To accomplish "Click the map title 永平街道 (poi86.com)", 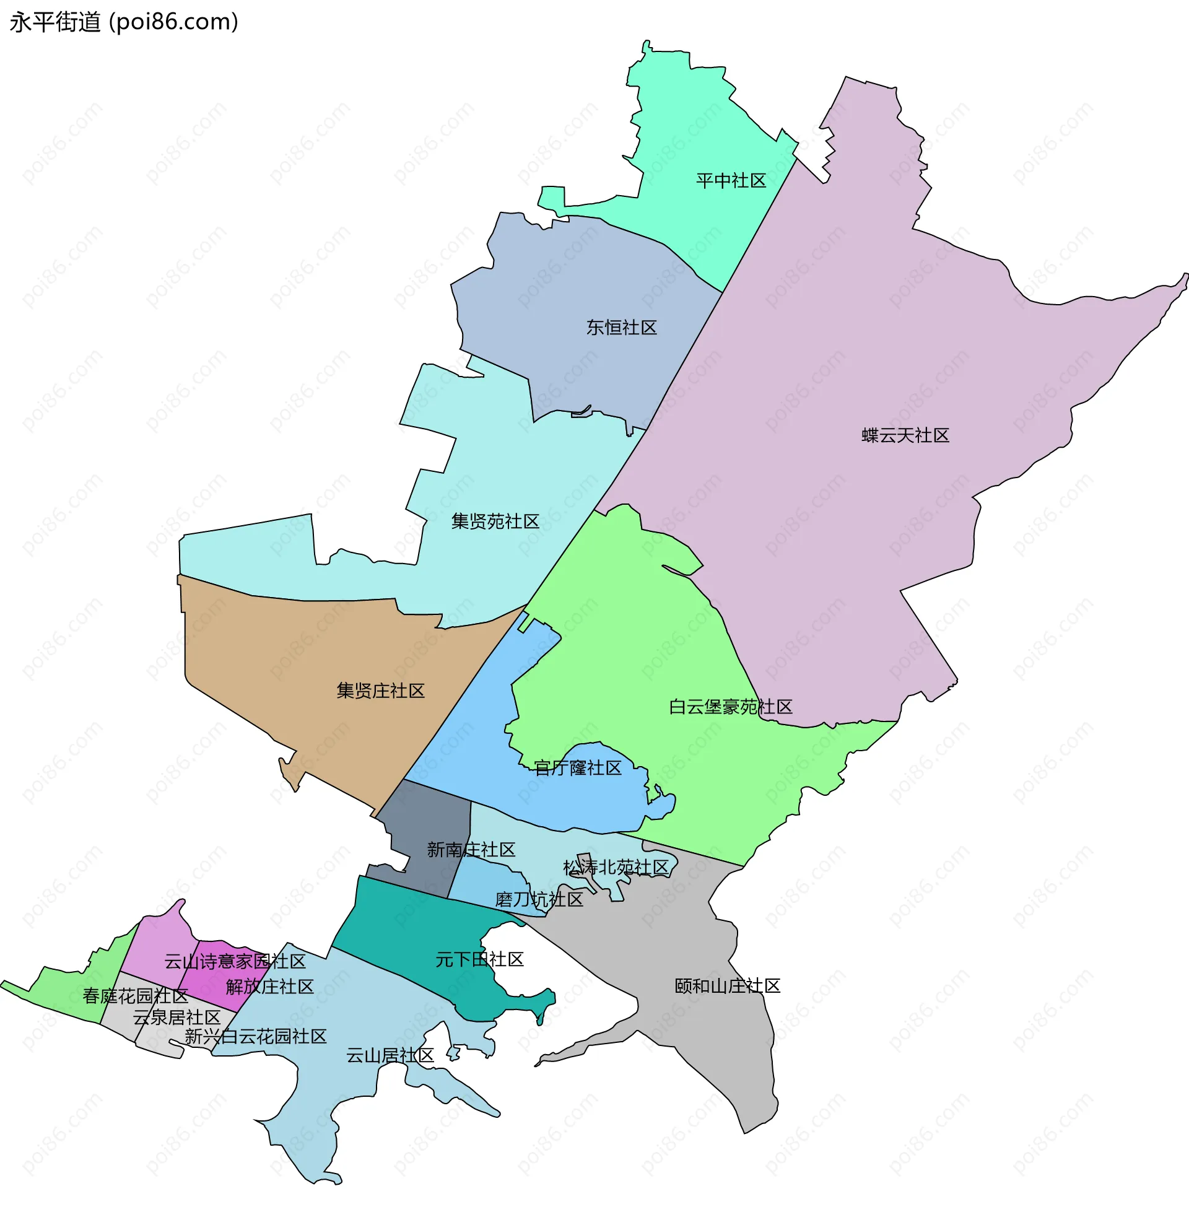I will click(124, 22).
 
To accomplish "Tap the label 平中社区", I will click(731, 181).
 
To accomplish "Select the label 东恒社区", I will click(621, 328).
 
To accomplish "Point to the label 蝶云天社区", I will click(905, 435).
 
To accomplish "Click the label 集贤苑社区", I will click(495, 522).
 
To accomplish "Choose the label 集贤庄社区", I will click(380, 691).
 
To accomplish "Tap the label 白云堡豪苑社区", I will click(730, 707).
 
